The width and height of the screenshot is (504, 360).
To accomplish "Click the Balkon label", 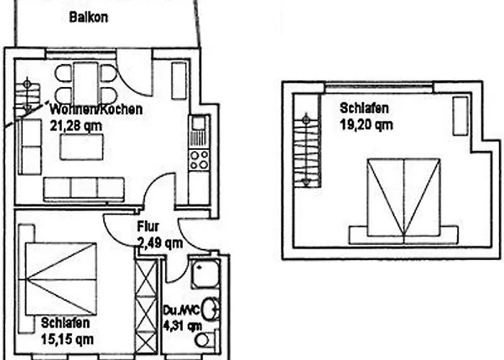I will point(89,17).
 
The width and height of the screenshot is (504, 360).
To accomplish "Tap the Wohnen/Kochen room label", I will point(96,110).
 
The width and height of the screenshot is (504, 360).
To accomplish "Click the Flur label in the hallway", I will point(148,228).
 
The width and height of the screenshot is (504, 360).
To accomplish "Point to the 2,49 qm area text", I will point(159,243).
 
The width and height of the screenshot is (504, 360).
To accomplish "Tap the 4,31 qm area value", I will point(183,325).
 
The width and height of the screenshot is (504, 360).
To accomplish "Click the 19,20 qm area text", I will point(366,124).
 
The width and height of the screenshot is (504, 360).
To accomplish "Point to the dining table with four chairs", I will point(86,84).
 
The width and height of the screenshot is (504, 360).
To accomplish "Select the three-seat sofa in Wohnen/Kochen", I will point(84,189).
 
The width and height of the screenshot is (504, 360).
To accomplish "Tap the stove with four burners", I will point(199,159).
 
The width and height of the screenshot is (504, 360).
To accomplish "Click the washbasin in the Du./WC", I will point(210,309).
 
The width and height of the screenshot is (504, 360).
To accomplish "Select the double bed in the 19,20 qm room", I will point(403,202).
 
